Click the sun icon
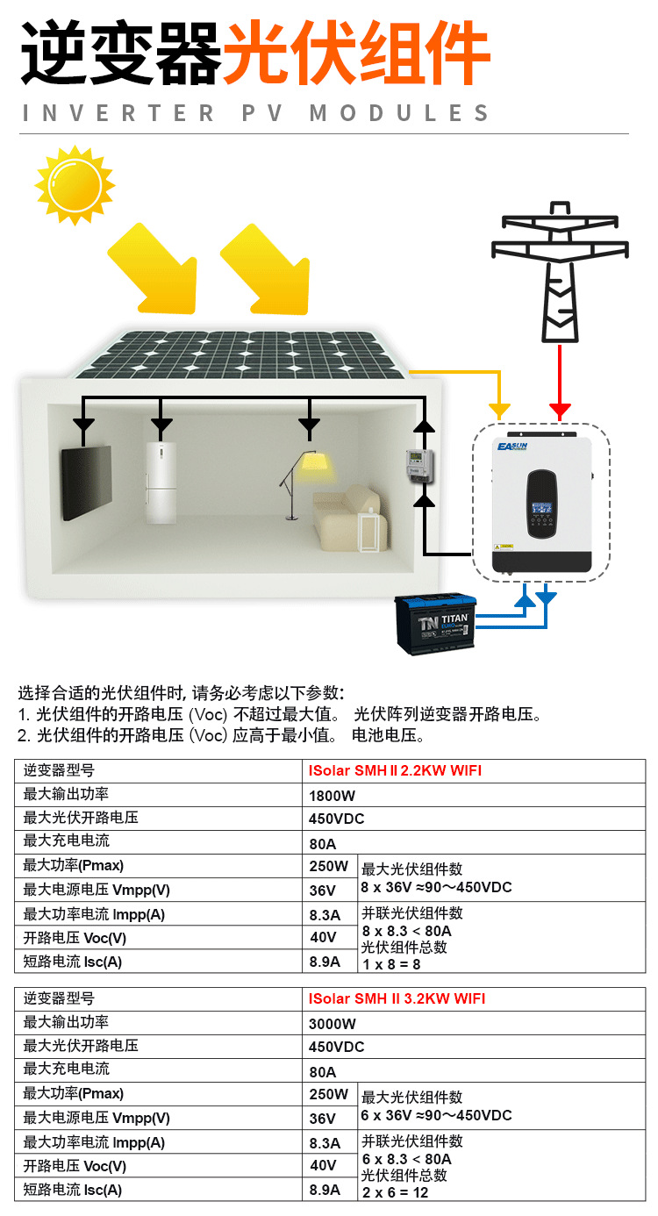coord(75,185)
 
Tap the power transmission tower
coord(560,271)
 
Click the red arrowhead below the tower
coord(560,411)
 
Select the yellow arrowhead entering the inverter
coord(499,411)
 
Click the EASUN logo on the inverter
coord(512,447)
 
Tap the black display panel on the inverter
coord(542,504)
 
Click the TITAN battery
coord(435,623)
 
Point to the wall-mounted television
coord(86,482)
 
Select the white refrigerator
coord(161,482)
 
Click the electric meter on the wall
coord(418,464)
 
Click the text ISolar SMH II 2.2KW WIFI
coord(395,770)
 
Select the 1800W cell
coord(332,795)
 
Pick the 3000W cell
coord(333,1023)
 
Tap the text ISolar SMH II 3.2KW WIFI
coord(397,998)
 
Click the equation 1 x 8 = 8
coord(391,964)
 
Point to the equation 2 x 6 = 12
coord(395,1192)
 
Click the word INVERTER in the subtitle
coord(118,113)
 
